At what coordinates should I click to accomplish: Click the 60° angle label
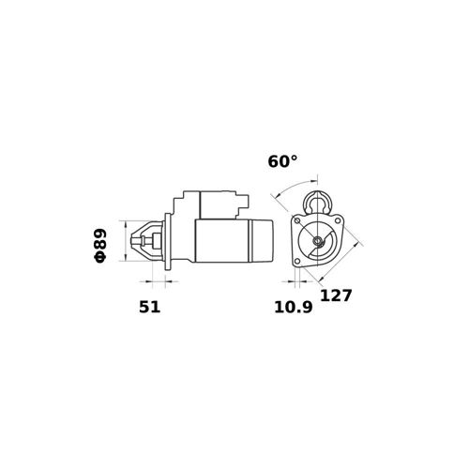(x=282, y=161)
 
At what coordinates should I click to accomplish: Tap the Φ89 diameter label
(x=99, y=246)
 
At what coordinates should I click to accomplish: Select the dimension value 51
(x=149, y=307)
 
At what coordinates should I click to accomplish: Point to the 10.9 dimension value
(x=294, y=307)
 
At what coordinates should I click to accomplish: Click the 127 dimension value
(x=336, y=295)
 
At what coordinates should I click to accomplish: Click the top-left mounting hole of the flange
(x=297, y=221)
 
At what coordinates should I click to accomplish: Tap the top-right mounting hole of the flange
(x=338, y=220)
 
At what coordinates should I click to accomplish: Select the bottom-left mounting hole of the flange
(x=297, y=261)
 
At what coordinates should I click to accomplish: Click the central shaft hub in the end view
(x=318, y=241)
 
